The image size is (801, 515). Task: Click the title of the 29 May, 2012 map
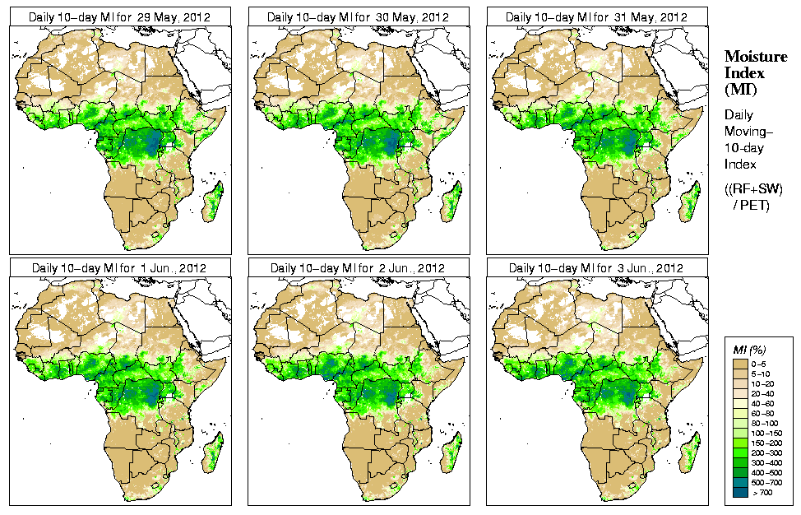point(120,16)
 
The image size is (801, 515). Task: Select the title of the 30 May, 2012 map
point(359,16)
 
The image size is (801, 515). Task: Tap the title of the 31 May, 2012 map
point(597,16)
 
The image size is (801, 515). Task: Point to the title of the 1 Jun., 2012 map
point(120,268)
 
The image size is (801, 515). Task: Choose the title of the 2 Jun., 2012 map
point(359,268)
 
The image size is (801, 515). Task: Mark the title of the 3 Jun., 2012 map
point(597,268)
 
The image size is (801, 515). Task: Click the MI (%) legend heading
point(745,351)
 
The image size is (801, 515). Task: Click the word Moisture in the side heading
point(752,56)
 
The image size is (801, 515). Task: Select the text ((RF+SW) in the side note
point(753,188)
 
